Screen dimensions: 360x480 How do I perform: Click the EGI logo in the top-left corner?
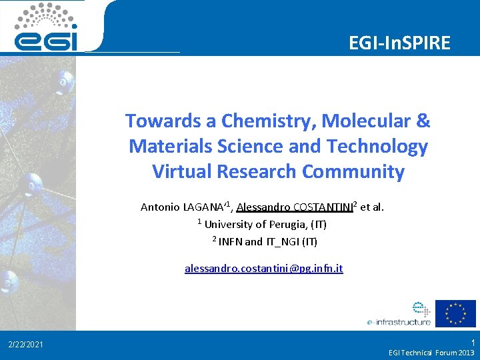(47, 27)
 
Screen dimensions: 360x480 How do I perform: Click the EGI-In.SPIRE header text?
(399, 43)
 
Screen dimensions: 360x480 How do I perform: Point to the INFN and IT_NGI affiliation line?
(267, 241)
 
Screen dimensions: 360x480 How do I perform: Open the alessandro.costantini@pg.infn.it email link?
(264, 269)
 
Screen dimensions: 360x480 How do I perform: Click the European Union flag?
(455, 313)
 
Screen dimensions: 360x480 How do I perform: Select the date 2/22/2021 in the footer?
(26, 345)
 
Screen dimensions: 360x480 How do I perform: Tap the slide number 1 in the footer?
(473, 341)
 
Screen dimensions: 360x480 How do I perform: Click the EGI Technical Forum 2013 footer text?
(431, 352)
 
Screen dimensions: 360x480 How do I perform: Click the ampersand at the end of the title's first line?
(423, 121)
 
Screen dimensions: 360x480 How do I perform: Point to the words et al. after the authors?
(371, 207)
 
